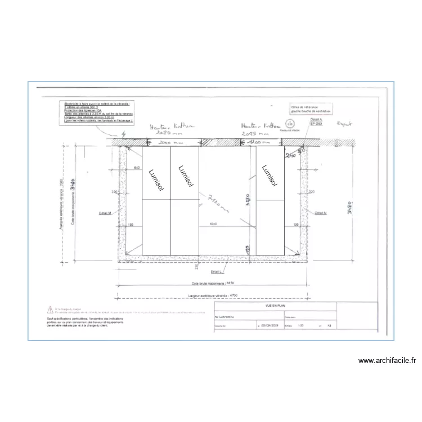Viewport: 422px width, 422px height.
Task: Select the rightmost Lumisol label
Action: [270, 176]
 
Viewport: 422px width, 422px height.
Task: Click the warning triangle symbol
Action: [51, 309]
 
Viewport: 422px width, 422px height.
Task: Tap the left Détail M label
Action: [105, 213]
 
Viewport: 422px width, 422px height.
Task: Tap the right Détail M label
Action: [321, 213]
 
